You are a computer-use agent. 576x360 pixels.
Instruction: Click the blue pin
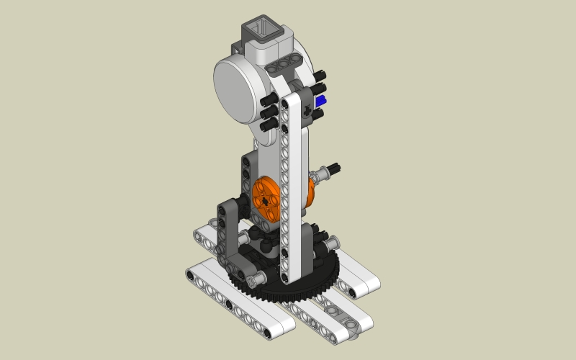[320, 102]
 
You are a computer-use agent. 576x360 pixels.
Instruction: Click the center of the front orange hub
[266, 197]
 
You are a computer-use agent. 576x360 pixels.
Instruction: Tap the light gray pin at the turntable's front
[258, 277]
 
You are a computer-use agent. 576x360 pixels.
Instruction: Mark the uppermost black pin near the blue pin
[319, 76]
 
